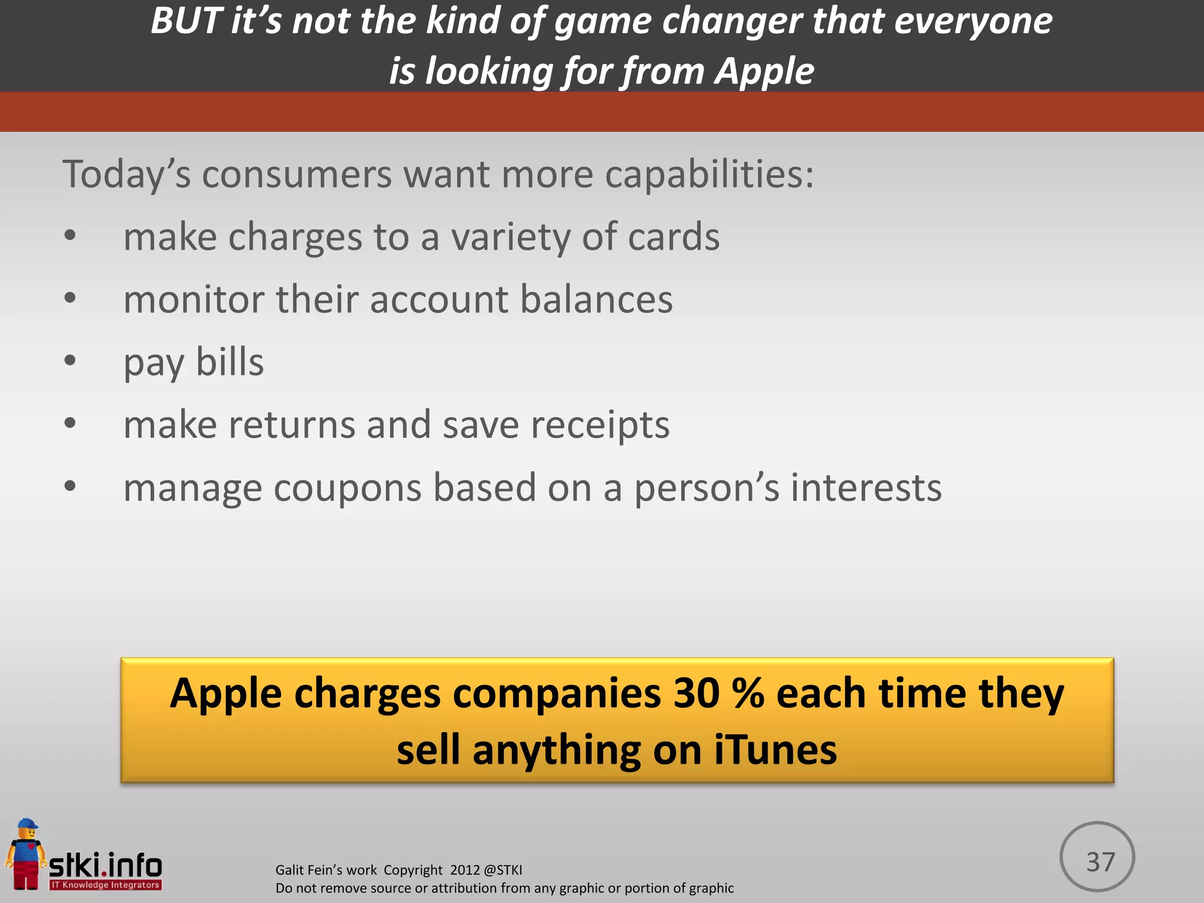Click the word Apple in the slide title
764,71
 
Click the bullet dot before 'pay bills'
70,360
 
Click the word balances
596,299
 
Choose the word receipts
600,425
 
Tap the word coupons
347,488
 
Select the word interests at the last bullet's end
866,488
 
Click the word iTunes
775,751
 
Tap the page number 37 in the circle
1100,862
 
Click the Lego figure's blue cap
26,825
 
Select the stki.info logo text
105,865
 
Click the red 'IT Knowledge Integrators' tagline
105,885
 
